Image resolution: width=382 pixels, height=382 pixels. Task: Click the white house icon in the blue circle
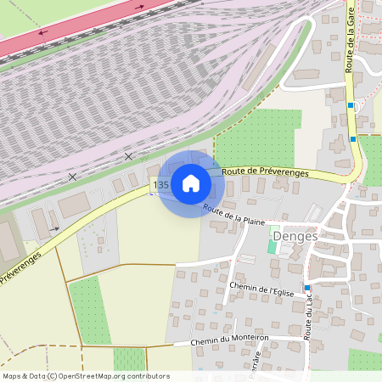[190, 183]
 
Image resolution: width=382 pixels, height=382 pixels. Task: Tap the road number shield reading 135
[161, 184]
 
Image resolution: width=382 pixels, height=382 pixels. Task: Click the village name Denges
[296, 235]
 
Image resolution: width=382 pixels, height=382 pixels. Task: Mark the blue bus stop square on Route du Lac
[307, 288]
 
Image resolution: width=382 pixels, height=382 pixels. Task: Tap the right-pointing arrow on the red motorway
[141, 7]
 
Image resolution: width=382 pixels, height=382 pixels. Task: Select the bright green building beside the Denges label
[272, 246]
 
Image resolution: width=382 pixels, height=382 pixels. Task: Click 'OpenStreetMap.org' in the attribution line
[89, 375]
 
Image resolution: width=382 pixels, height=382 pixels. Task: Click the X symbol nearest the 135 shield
[129, 156]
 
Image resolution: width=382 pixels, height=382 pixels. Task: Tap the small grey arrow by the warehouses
[55, 228]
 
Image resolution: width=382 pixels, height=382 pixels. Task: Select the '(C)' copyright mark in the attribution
[52, 375]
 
